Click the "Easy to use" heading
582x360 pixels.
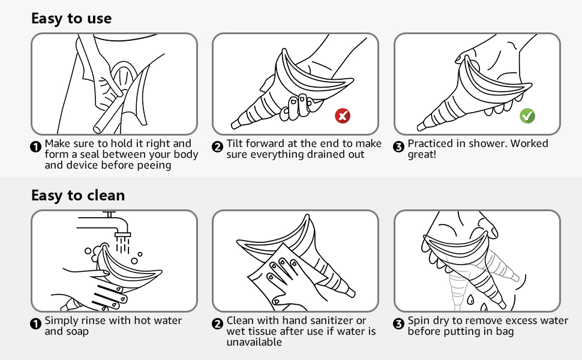pyautogui.click(x=71, y=19)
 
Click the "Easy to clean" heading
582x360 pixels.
pyautogui.click(x=78, y=196)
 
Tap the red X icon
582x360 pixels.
pyautogui.click(x=343, y=116)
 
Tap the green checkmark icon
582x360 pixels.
pyautogui.click(x=527, y=116)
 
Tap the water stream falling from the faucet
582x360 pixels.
pyautogui.click(x=122, y=243)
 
